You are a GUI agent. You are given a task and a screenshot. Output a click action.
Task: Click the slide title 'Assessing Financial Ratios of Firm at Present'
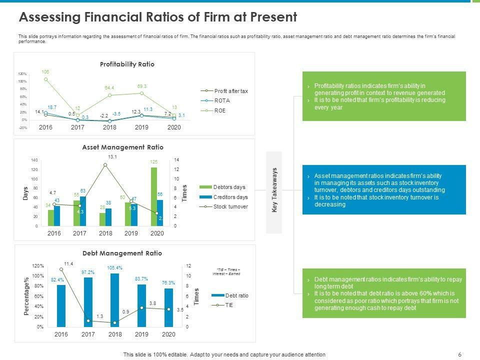click(x=157, y=17)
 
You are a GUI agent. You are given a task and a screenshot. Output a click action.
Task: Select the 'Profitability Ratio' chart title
click(x=127, y=64)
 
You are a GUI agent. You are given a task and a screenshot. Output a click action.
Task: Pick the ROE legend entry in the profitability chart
click(x=219, y=110)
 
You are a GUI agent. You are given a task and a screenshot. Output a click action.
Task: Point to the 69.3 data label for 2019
click(x=141, y=86)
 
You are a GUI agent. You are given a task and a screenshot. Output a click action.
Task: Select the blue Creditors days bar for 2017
click(x=83, y=211)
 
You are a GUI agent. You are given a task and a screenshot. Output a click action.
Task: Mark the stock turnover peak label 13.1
click(x=112, y=157)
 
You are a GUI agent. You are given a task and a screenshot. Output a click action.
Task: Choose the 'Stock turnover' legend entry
click(x=230, y=206)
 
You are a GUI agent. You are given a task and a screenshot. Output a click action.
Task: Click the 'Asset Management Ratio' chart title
click(x=122, y=147)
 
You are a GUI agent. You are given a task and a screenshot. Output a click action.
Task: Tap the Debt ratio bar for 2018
click(x=115, y=300)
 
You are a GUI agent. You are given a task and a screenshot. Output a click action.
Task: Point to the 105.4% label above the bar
click(x=115, y=267)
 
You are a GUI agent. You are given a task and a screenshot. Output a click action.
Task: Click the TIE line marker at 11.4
click(x=61, y=269)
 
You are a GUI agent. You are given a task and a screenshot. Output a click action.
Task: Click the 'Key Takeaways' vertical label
click(x=274, y=190)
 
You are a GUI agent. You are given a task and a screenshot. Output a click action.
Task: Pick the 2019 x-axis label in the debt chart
click(x=141, y=334)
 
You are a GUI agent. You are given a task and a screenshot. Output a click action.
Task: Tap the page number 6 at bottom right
click(x=459, y=354)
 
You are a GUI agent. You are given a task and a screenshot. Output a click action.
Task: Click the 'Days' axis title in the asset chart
click(x=25, y=193)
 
